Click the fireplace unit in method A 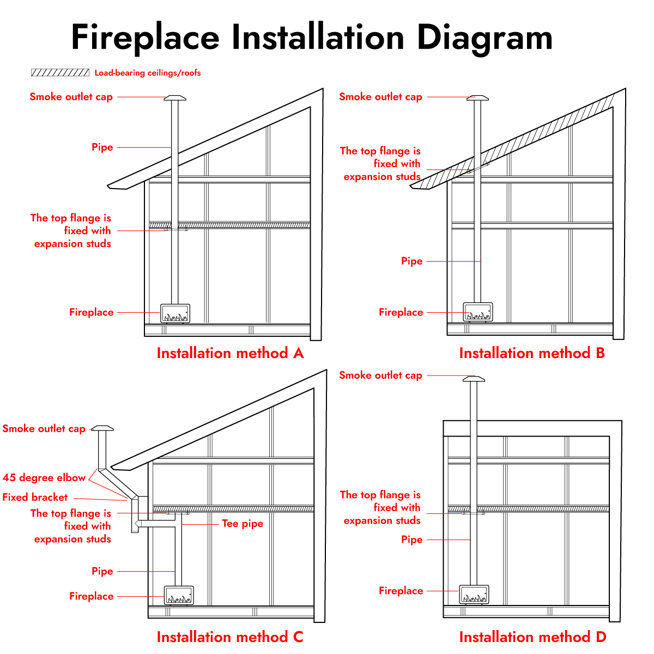175,313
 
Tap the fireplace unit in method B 477,312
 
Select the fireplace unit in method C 179,595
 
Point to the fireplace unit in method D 474,594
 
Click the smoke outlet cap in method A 175,98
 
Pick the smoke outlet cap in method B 477,98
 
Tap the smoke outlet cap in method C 102,428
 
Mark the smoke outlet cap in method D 474,379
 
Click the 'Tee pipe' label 243,523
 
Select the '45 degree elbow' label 44,477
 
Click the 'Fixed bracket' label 35,497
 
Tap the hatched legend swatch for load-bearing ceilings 60,72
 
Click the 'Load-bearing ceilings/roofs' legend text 148,73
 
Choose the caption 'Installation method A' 230,353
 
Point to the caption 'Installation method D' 532,637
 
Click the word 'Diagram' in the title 485,38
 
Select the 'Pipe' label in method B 411,262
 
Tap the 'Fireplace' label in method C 92,596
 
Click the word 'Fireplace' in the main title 146,38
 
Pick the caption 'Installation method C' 230,637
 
